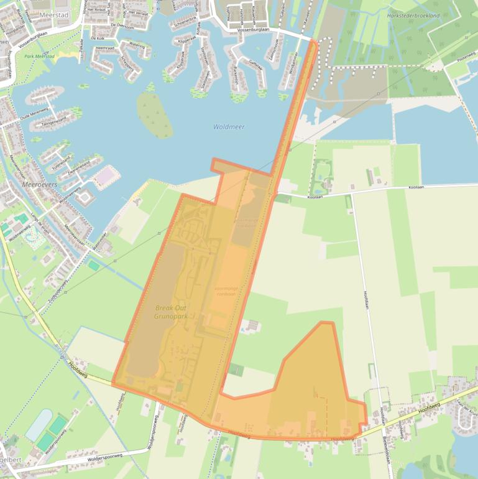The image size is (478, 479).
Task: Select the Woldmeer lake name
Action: coord(229,127)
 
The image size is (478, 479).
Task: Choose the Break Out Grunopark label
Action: coord(171,312)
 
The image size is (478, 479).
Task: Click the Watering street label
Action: coord(136,44)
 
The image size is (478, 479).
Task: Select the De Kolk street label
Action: coord(97,38)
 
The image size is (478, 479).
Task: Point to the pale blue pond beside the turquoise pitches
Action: coord(39,425)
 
